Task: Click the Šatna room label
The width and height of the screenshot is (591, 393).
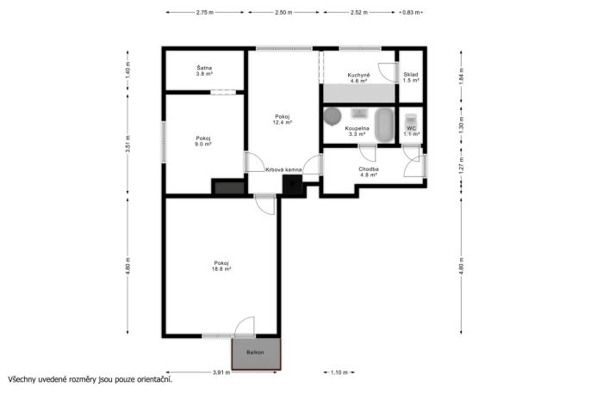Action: click(204, 68)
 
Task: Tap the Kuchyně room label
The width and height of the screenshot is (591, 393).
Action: click(358, 75)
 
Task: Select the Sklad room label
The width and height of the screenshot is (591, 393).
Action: click(410, 75)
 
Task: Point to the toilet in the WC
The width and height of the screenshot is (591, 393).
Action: click(411, 121)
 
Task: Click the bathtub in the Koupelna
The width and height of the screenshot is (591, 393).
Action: click(384, 126)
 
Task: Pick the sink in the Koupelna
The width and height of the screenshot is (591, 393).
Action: click(360, 113)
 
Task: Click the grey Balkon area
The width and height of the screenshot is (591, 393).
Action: click(256, 353)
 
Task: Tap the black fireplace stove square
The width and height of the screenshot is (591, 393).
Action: click(293, 185)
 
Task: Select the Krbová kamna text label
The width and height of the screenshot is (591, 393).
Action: click(283, 170)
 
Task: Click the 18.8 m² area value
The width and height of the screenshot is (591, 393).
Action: click(221, 269)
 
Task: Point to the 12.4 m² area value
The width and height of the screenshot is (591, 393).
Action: click(283, 122)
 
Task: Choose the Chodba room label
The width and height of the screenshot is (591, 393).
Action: click(369, 169)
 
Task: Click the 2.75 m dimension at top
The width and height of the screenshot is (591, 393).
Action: click(205, 12)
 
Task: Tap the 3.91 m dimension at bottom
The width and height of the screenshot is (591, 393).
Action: click(221, 372)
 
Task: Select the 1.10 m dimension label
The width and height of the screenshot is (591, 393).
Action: click(339, 372)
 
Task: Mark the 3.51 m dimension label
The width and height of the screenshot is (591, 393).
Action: click(128, 144)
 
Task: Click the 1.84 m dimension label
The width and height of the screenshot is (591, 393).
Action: click(462, 76)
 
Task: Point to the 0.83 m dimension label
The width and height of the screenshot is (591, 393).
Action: click(411, 12)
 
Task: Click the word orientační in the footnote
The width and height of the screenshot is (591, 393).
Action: click(154, 379)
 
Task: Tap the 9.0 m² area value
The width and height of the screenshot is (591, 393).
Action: click(203, 144)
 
